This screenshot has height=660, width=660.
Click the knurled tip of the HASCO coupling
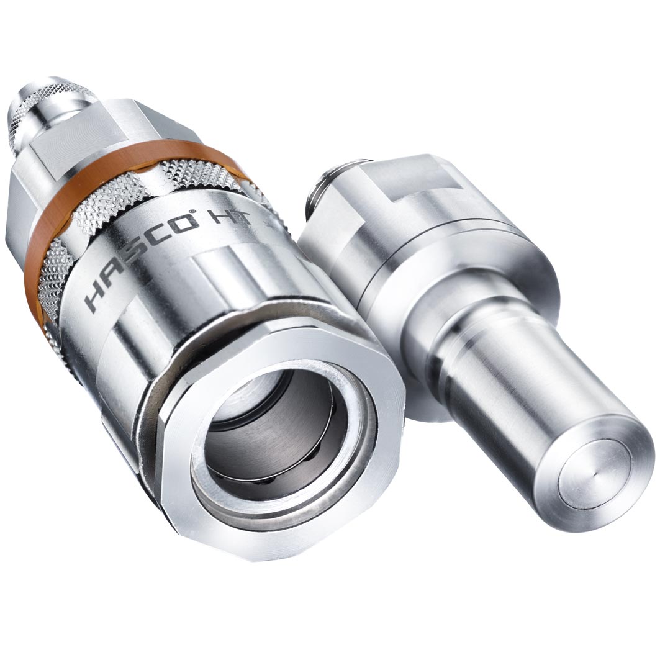click(x=43, y=106)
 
